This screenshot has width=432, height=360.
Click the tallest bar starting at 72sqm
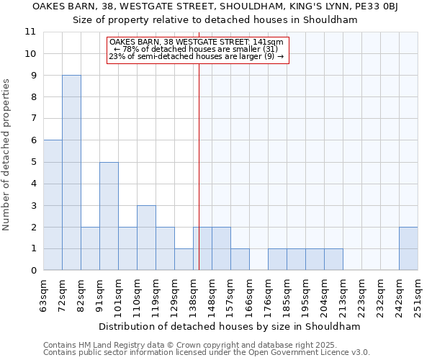pyautogui.click(x=71, y=173)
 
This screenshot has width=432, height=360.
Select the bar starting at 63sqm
pyautogui.click(x=53, y=205)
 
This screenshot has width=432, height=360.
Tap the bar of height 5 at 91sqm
pyautogui.click(x=109, y=216)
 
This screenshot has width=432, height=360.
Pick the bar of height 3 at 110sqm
pyautogui.click(x=146, y=238)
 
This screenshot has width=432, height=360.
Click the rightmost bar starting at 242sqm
pyautogui.click(x=408, y=248)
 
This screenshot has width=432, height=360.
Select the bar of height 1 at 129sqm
pyautogui.click(x=184, y=259)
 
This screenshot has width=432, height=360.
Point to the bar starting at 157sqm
pyautogui.click(x=240, y=259)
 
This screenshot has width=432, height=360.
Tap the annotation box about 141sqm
pyautogui.click(x=197, y=50)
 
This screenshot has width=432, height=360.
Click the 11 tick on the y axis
pyautogui.click(x=30, y=32)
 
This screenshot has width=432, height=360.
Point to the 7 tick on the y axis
pyautogui.click(x=30, y=119)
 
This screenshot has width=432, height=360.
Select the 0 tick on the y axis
pyautogui.click(x=30, y=271)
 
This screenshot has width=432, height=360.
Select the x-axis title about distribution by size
pyautogui.click(x=229, y=326)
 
